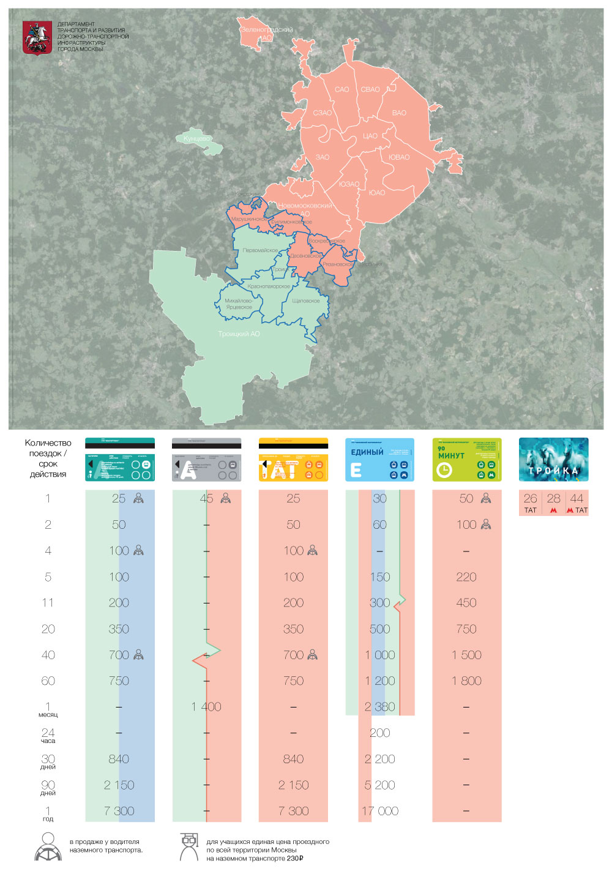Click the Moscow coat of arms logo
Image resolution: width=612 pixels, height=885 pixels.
tap(37, 38)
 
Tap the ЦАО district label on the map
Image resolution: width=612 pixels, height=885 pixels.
tap(370, 136)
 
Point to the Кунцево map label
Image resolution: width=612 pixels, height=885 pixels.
tap(196, 139)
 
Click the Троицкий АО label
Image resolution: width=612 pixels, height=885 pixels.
tap(239, 334)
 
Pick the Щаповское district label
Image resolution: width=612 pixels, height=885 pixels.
tap(306, 301)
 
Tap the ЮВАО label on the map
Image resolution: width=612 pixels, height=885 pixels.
tap(399, 157)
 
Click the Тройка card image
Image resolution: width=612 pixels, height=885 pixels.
tap(553, 460)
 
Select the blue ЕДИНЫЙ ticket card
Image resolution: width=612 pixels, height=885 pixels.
tap(379, 460)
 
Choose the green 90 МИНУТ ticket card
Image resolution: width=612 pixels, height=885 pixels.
tap(466, 460)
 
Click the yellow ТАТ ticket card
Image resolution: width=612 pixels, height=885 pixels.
tap(293, 460)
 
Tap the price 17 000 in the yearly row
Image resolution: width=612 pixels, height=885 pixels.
tap(380, 811)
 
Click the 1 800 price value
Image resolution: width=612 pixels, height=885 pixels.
tap(466, 681)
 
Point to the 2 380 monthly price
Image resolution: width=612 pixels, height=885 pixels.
tap(380, 707)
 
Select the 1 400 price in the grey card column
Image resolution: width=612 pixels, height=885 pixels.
tap(206, 707)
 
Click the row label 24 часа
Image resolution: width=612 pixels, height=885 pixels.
tap(48, 735)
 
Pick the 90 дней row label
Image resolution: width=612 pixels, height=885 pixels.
tap(48, 787)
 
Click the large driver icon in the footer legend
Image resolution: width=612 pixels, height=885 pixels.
tap(48, 847)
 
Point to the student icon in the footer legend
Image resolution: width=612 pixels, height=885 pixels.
tap(188, 847)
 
